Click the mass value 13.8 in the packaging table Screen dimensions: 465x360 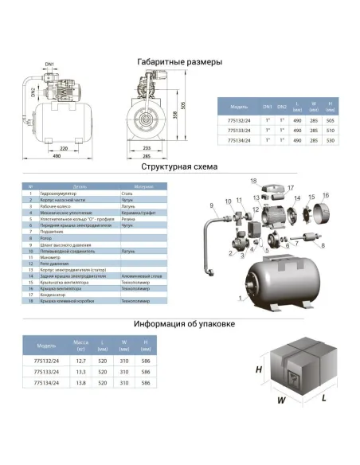click(81, 384)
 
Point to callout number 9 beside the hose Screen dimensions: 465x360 click(213, 206)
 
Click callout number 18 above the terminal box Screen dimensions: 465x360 click(254, 181)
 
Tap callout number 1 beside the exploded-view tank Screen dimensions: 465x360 click(238, 299)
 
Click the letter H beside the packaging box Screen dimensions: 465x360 click(258, 370)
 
